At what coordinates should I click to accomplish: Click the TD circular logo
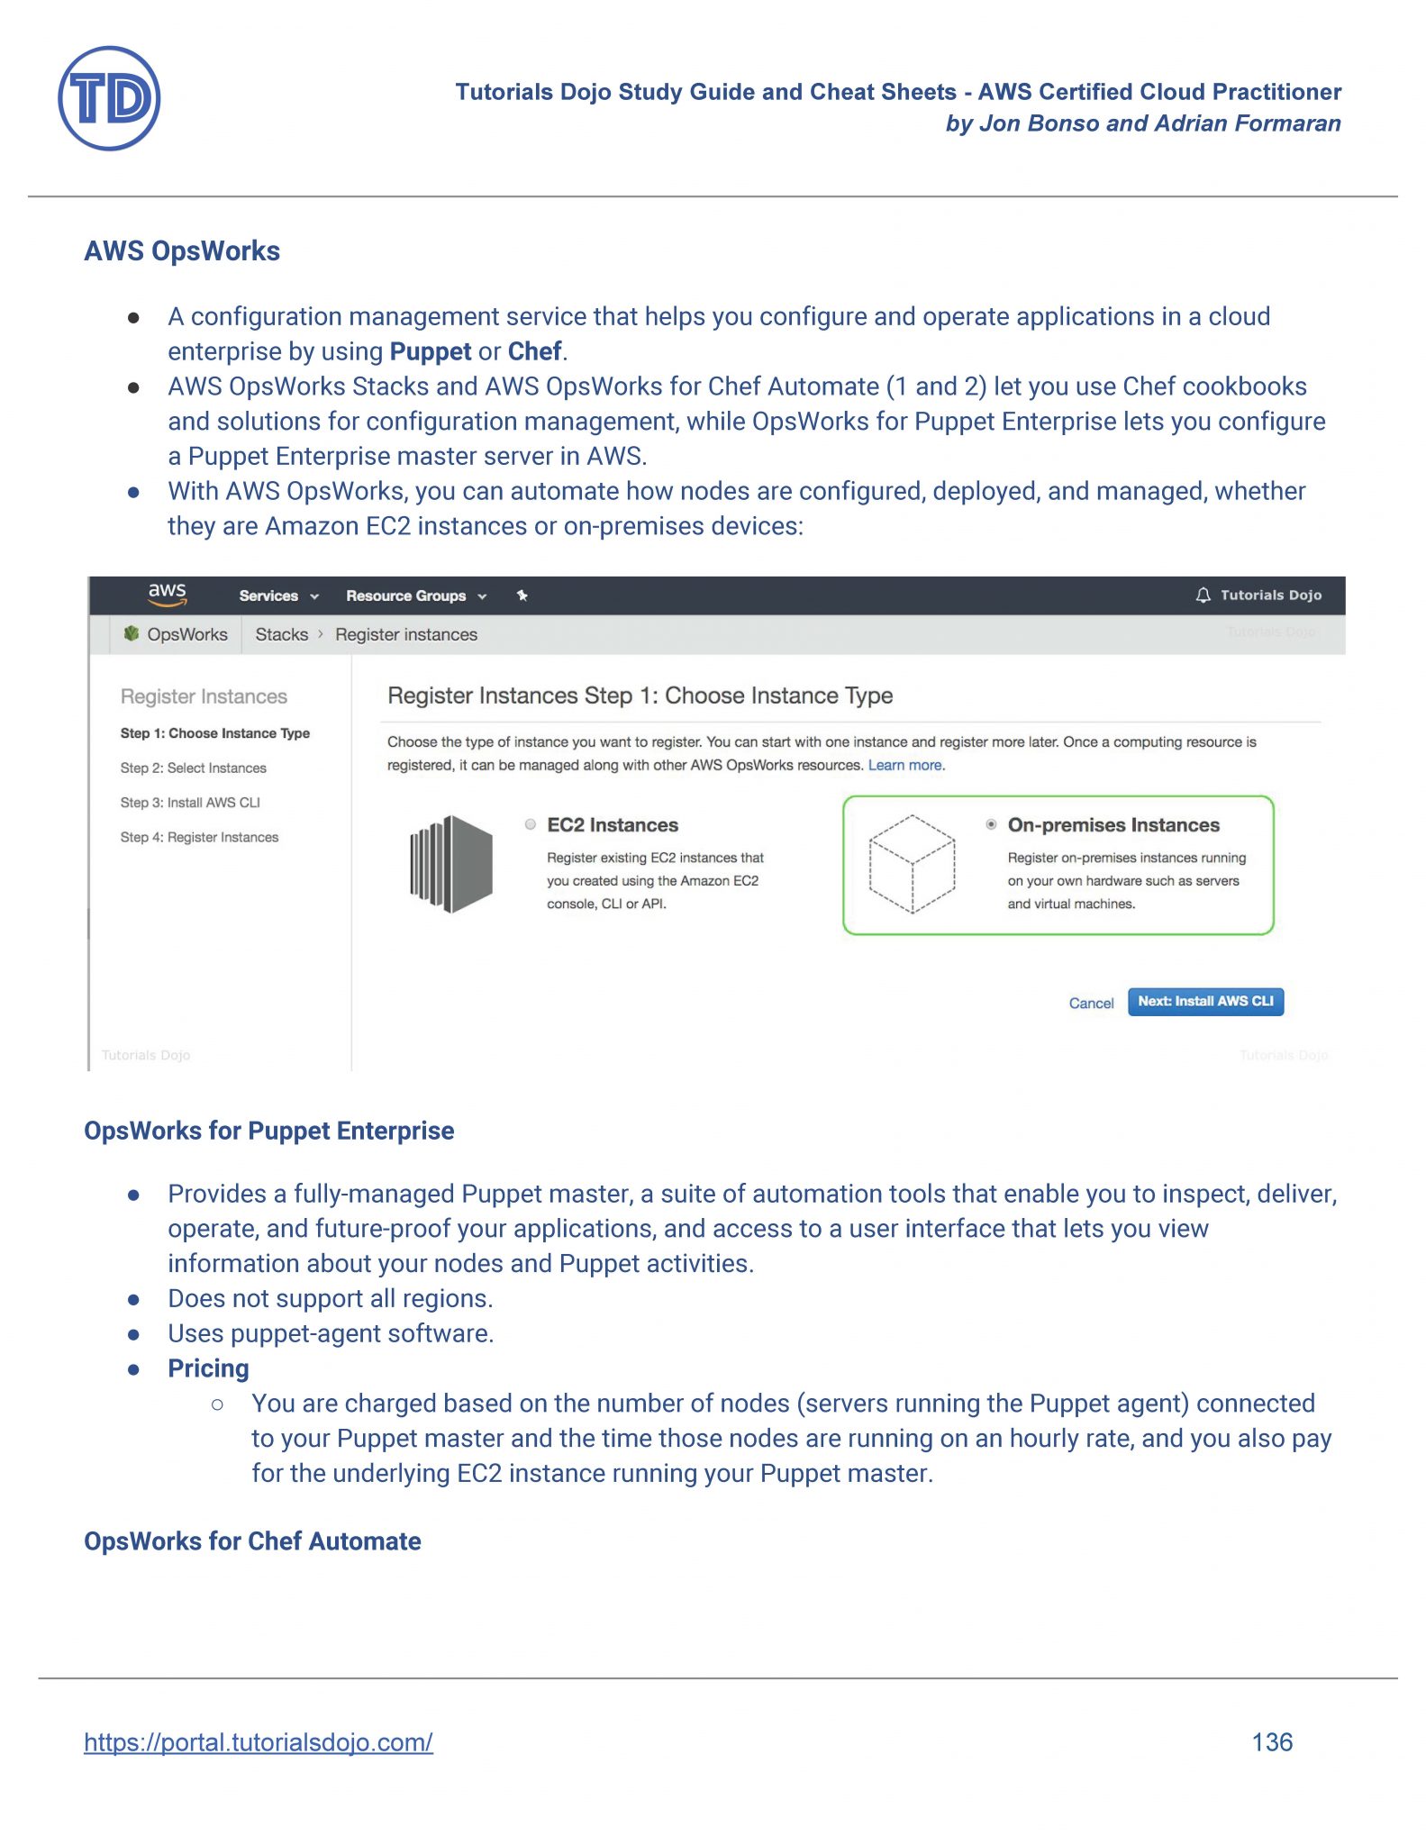[x=109, y=99]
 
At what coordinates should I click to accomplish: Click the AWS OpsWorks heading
[x=182, y=251]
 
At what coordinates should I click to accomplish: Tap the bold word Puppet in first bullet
[x=430, y=351]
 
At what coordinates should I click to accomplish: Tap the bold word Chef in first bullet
[x=534, y=351]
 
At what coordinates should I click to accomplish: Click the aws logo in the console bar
[x=168, y=595]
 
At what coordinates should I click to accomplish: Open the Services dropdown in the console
[x=278, y=596]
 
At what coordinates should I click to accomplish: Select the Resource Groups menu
[x=415, y=596]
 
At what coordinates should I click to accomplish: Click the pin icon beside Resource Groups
[x=522, y=595]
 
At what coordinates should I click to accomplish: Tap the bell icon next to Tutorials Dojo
[x=1203, y=595]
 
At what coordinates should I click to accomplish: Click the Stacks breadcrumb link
[x=281, y=635]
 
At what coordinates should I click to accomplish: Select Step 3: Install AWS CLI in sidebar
[x=190, y=803]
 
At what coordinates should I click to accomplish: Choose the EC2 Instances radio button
[x=531, y=824]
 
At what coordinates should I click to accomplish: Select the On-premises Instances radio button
[x=991, y=824]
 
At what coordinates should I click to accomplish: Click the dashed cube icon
[x=912, y=864]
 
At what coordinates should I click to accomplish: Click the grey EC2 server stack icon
[x=451, y=864]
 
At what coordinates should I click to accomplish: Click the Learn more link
[x=905, y=766]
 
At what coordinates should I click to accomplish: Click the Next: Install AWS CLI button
[x=1204, y=1002]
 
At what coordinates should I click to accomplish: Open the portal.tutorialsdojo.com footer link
[x=259, y=1742]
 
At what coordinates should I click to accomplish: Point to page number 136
[x=1271, y=1742]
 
